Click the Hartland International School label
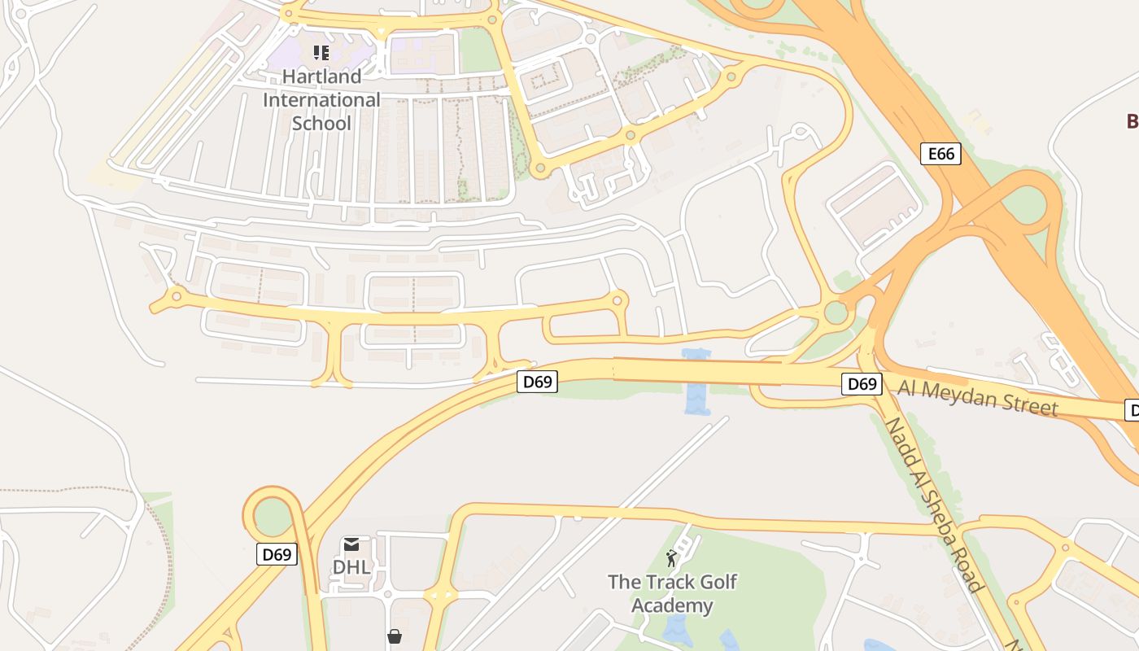(321, 100)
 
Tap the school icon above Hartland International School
(321, 54)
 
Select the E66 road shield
(940, 154)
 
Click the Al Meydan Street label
(978, 395)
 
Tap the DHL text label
(351, 566)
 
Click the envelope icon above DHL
(351, 544)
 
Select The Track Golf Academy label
(672, 594)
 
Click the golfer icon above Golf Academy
(671, 558)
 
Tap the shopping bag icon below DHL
(395, 636)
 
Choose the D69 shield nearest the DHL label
(277, 555)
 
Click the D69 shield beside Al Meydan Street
(861, 384)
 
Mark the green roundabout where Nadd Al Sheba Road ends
(836, 312)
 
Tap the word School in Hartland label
(321, 124)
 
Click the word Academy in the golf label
(672, 606)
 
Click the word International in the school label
(321, 100)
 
